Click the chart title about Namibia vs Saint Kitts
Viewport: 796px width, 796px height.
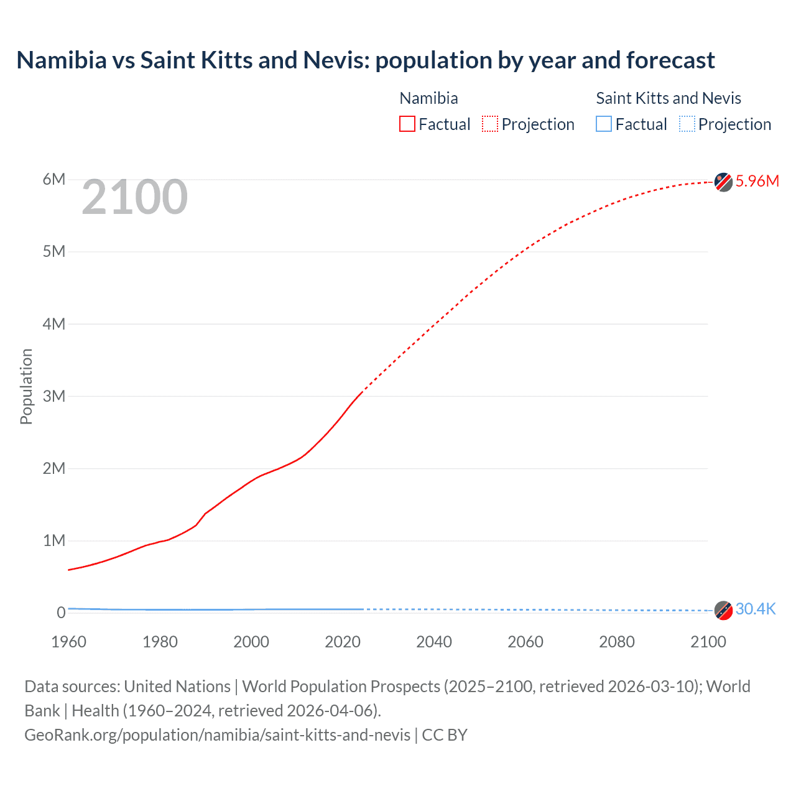tap(366, 60)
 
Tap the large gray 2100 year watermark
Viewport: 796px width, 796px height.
tap(134, 197)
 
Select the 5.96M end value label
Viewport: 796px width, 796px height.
tap(757, 181)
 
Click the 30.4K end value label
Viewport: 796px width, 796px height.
tap(755, 609)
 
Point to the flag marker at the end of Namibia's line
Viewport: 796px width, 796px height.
tap(723, 182)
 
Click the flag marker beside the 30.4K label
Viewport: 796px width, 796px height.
tap(723, 610)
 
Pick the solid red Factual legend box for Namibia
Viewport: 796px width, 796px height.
tap(407, 124)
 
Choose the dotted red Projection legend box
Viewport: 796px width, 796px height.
tap(490, 124)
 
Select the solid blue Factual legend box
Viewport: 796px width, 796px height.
tap(604, 124)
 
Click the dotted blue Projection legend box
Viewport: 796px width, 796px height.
tap(687, 124)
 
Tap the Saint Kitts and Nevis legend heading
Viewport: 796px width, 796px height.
tap(669, 98)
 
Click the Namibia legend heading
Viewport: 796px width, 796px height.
tap(428, 98)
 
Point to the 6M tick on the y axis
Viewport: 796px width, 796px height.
tap(54, 180)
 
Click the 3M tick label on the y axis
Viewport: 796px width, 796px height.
tap(54, 396)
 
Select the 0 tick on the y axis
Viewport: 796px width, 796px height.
tap(61, 613)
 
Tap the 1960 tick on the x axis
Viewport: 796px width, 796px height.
tap(68, 642)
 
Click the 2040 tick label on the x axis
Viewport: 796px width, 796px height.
tap(434, 642)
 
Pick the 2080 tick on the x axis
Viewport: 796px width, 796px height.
tap(617, 642)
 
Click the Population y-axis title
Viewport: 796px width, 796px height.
tap(26, 386)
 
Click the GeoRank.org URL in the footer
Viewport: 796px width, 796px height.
tap(217, 735)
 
